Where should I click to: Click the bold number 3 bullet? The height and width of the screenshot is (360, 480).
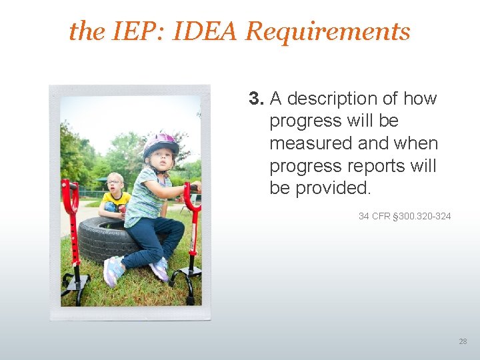pyautogui.click(x=257, y=99)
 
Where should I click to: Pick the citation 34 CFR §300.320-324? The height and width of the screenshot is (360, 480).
pyautogui.click(x=405, y=216)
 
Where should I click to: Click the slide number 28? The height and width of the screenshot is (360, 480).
pyautogui.click(x=463, y=341)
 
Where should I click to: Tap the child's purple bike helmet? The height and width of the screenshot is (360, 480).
pyautogui.click(x=160, y=143)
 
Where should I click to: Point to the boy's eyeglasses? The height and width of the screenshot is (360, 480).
pyautogui.click(x=114, y=183)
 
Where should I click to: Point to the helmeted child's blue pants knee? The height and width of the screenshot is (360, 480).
pyautogui.click(x=171, y=230)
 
